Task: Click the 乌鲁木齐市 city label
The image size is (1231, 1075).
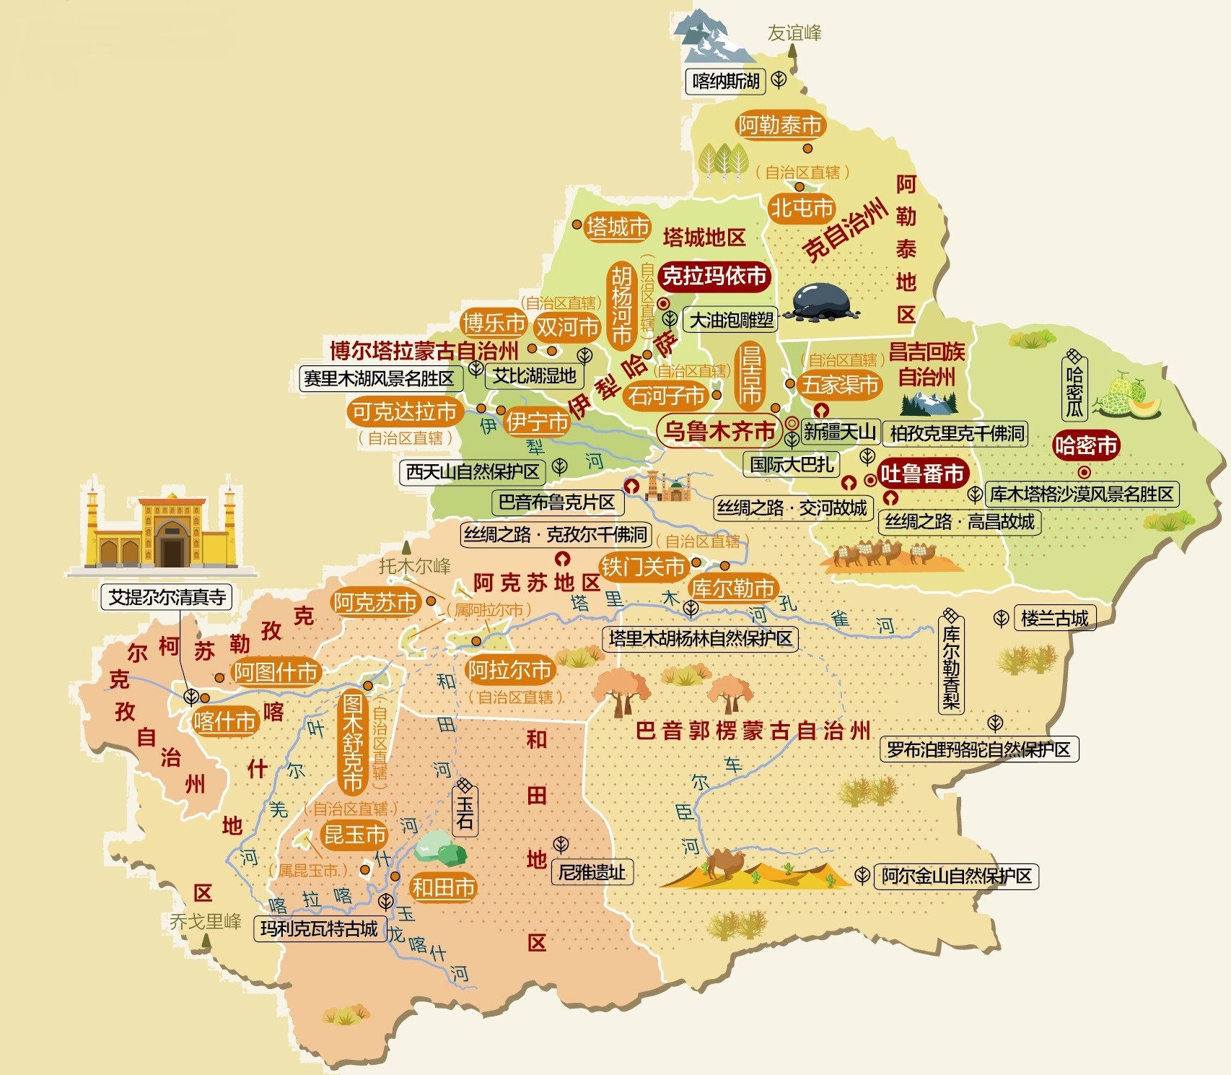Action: (x=719, y=431)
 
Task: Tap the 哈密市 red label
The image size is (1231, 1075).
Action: (x=1085, y=445)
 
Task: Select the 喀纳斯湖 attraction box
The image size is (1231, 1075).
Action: (x=725, y=81)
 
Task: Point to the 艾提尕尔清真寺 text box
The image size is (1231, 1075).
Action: (x=167, y=597)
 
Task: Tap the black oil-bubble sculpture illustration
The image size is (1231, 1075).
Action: (x=825, y=301)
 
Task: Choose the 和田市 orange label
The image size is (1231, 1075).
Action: (x=443, y=887)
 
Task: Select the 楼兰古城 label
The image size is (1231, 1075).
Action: (x=1054, y=618)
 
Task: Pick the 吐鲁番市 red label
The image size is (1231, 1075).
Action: (x=921, y=474)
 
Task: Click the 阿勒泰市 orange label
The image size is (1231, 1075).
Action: (x=779, y=126)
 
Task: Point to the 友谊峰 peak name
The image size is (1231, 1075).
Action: (x=794, y=32)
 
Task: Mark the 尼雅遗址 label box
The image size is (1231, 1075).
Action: (x=592, y=872)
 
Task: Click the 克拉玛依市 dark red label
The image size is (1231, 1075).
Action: (x=714, y=276)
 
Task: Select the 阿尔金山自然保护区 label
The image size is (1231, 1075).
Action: (x=956, y=876)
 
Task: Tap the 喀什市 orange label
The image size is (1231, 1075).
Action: (x=224, y=721)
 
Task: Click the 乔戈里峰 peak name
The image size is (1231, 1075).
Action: (x=206, y=921)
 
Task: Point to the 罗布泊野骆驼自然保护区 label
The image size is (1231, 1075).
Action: (x=978, y=749)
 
